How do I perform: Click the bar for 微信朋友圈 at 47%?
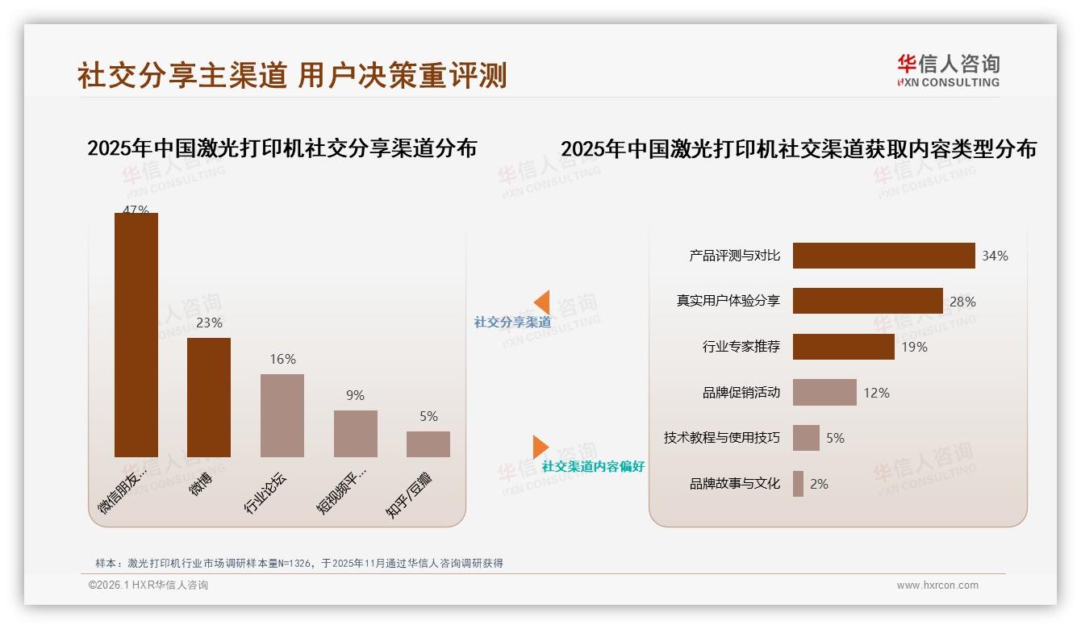point(136,335)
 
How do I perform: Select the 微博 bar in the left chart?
point(209,397)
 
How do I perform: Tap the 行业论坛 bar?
point(282,415)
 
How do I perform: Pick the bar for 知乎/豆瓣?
point(428,444)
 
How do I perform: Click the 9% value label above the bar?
point(355,395)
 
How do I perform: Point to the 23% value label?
point(209,323)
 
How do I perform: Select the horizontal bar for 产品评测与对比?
point(883,256)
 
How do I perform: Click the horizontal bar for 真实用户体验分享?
point(867,301)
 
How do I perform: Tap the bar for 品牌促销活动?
point(824,393)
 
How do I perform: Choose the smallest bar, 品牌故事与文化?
point(798,484)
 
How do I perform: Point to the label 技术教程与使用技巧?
point(721,438)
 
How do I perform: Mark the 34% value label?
point(995,256)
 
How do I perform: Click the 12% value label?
point(876,393)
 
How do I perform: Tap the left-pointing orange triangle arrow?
point(541,302)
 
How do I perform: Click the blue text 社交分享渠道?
point(512,322)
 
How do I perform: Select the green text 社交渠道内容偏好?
point(593,466)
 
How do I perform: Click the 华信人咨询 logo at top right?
point(948,70)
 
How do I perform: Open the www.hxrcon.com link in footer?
point(937,585)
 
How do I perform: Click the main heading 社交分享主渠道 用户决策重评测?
point(292,75)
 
